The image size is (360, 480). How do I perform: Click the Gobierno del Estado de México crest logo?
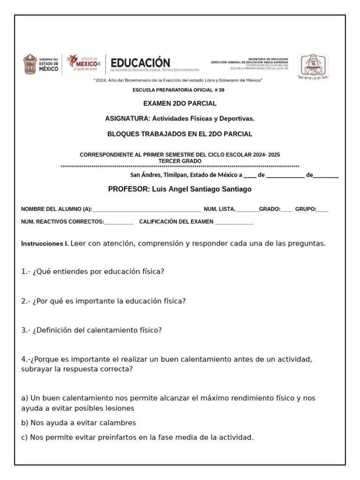tap(30, 64)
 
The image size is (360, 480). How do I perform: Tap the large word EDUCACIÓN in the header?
tap(140, 62)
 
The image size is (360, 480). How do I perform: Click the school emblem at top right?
tap(313, 65)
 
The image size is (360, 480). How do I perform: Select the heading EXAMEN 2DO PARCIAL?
tap(180, 104)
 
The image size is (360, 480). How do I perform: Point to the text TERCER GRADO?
tap(180, 161)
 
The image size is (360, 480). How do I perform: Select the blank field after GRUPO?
tap(322, 210)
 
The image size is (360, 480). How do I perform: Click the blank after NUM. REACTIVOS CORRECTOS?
tap(119, 222)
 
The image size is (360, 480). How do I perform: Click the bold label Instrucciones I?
tap(45, 244)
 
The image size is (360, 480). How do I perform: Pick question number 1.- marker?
tap(26, 271)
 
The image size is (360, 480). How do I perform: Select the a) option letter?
tap(24, 398)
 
